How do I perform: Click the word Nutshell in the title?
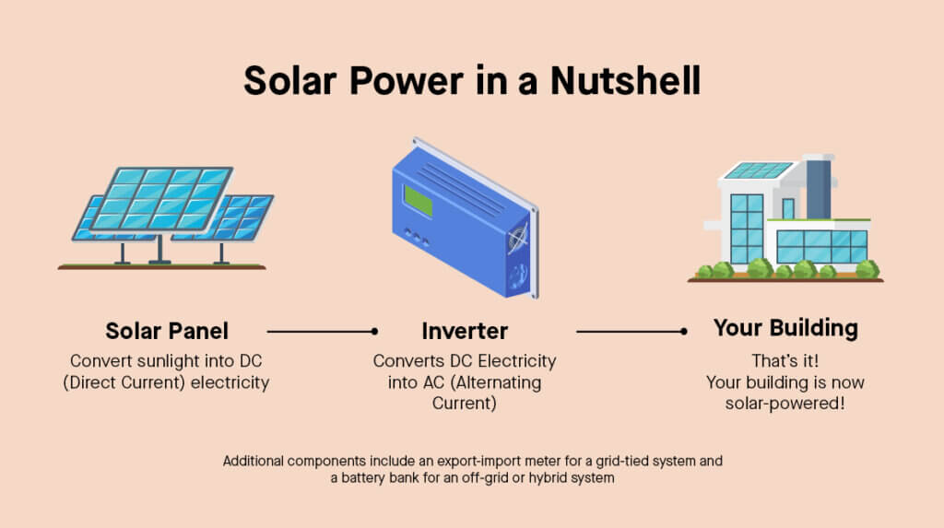pos(625,81)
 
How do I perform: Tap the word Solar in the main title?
pos(289,81)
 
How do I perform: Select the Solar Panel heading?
pos(167,331)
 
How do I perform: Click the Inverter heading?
pos(465,331)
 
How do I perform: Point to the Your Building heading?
pos(785,329)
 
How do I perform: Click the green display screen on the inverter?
pos(419,201)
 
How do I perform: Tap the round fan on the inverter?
pos(517,239)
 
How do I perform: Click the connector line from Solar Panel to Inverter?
pos(323,331)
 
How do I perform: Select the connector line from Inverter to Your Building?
pos(631,331)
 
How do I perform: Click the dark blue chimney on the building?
pos(819,189)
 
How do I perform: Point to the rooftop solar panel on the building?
pos(758,170)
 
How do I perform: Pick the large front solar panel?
pos(161,199)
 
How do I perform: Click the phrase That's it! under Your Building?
pos(785,360)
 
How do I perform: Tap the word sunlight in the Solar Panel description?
pos(169,361)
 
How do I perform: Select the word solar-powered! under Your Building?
pos(785,404)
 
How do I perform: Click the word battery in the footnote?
pos(363,478)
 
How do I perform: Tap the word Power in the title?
pos(407,81)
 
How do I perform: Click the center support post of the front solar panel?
pos(159,249)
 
